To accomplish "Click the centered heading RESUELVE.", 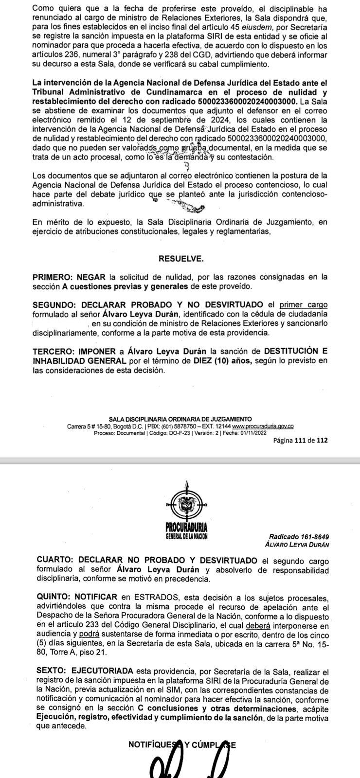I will pos(181,258).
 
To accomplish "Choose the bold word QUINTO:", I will pos(54,597).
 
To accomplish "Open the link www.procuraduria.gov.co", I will pos(263,426).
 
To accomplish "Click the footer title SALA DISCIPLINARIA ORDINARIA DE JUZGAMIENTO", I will pos(180,419).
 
